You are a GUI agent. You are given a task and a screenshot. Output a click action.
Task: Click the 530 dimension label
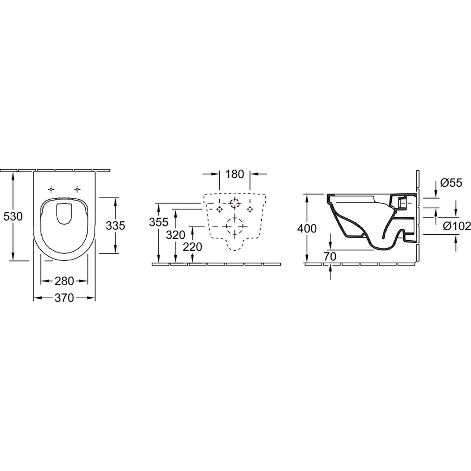click(x=13, y=217)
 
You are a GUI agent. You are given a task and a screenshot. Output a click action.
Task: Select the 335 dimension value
click(x=115, y=226)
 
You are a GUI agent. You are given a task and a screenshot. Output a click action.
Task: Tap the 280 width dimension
click(x=64, y=281)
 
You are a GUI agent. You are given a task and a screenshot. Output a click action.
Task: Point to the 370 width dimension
click(x=64, y=298)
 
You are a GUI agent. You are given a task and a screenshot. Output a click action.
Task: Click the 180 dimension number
click(x=235, y=174)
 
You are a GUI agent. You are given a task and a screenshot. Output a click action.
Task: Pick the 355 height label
click(x=159, y=222)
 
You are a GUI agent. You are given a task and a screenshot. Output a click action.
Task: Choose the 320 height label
click(x=175, y=235)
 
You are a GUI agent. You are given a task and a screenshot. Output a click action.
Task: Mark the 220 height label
click(x=192, y=247)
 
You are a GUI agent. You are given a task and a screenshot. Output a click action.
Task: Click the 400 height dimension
click(x=307, y=228)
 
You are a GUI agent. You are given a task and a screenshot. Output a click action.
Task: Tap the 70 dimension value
click(x=330, y=256)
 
